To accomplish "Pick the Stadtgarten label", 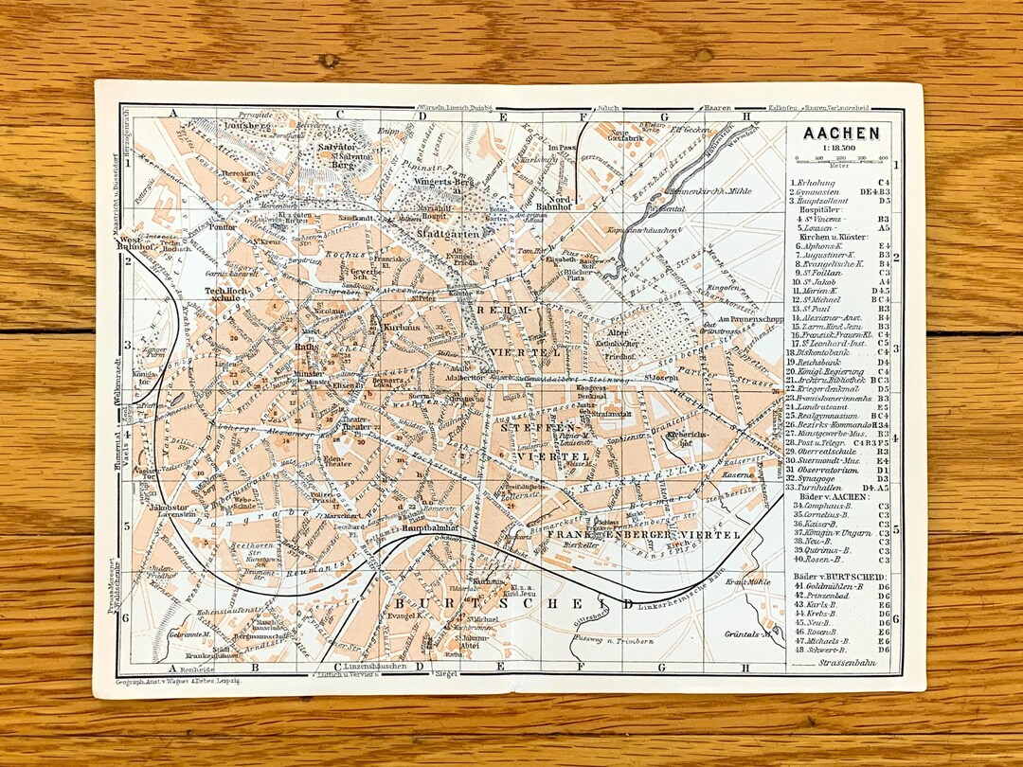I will click(446, 232).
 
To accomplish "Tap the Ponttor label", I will click(223, 227).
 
